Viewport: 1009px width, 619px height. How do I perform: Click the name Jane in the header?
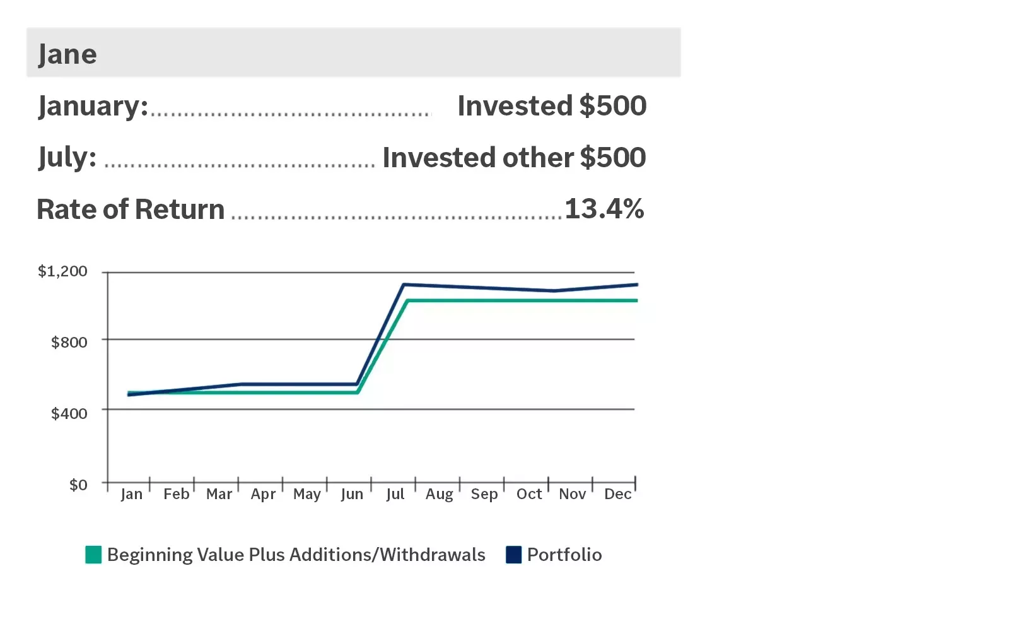tap(67, 54)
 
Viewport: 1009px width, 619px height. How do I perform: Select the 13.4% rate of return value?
tap(604, 209)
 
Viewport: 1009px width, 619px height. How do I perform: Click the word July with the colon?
tap(67, 157)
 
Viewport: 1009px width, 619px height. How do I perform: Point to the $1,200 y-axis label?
tap(62, 271)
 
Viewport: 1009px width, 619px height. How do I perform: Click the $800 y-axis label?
tap(69, 342)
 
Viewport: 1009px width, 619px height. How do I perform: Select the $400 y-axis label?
tap(69, 413)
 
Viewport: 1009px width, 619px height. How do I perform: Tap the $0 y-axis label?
tap(78, 485)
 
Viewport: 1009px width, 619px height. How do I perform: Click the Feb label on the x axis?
tap(176, 494)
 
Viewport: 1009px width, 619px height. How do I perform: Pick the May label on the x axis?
tap(307, 494)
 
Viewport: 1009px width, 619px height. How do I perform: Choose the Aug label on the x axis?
tap(440, 494)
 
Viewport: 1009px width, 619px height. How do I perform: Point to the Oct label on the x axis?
tap(529, 494)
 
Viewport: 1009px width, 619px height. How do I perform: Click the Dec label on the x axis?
tap(618, 494)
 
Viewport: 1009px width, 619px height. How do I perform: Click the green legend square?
tap(93, 555)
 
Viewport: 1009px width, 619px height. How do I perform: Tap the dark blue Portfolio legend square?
tap(514, 555)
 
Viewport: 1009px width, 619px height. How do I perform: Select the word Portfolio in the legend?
tap(564, 555)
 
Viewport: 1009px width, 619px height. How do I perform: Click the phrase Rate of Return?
tap(131, 209)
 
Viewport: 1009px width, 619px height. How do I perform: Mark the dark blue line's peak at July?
tap(404, 285)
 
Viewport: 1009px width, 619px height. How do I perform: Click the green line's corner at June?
tap(358, 392)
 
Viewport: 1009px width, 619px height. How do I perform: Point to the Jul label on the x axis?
tap(395, 494)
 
